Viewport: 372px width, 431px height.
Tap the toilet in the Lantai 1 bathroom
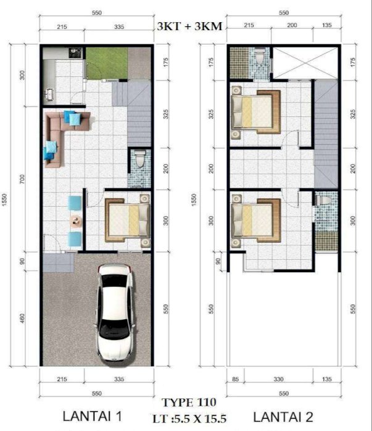140,159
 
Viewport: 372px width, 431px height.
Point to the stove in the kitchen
75,53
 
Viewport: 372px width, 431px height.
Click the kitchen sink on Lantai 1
50,94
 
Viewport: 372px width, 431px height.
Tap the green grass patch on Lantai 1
107,63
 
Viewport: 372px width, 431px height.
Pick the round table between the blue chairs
75,220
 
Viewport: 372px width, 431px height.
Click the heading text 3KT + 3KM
189,26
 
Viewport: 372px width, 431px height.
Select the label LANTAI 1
92,416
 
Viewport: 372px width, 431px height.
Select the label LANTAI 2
283,417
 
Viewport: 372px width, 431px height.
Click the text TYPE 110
189,403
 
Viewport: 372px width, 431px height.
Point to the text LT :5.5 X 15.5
189,419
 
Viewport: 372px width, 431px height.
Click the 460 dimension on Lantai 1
22,318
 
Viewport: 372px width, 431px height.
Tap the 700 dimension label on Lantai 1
22,179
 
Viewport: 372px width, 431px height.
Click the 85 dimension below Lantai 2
235,379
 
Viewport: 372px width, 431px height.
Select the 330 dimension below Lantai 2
278,379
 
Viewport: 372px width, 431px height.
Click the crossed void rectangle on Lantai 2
305,63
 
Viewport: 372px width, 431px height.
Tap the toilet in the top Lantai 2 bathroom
260,57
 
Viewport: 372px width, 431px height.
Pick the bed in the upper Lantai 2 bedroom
256,112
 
